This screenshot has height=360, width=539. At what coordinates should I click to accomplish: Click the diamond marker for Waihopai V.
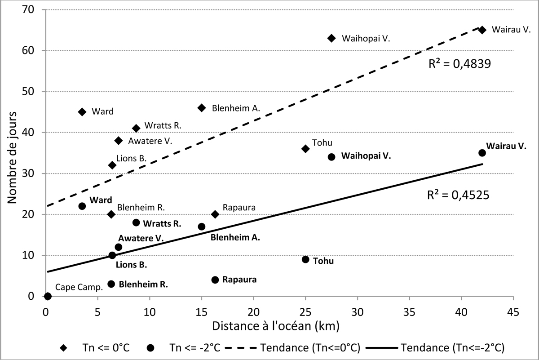click(331, 38)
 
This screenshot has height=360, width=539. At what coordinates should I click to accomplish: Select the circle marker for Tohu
click(305, 259)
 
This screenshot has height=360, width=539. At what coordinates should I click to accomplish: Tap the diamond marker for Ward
click(82, 112)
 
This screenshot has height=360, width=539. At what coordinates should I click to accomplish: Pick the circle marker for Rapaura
click(215, 280)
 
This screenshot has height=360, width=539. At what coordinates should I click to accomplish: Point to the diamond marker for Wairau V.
click(482, 30)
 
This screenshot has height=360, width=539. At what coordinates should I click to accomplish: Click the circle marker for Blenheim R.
click(111, 284)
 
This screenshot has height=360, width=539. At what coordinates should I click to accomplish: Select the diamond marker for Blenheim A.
click(202, 108)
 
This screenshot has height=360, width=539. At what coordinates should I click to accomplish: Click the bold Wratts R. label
click(163, 223)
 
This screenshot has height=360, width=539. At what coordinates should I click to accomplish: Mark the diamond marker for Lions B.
click(112, 165)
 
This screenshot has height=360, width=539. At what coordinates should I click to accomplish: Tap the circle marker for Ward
click(82, 206)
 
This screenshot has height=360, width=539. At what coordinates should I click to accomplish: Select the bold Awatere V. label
click(141, 238)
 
